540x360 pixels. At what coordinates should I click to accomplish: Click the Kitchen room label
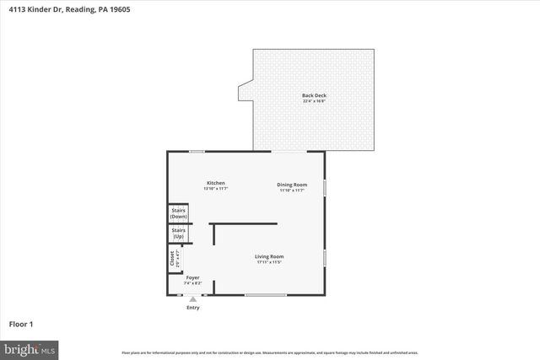tap(216, 183)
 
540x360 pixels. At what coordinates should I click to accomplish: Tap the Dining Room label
tap(293, 184)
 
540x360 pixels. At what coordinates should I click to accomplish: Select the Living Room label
tap(270, 256)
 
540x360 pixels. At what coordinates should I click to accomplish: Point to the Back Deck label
tap(314, 95)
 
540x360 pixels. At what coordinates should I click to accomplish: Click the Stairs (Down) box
tap(179, 214)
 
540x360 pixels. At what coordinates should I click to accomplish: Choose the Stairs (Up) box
tap(179, 233)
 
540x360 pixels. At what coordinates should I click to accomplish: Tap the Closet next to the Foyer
tap(173, 258)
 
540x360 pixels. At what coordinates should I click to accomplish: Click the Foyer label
tap(193, 277)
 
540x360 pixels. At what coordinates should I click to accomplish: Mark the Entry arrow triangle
tap(193, 298)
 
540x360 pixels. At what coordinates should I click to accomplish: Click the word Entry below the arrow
tap(193, 308)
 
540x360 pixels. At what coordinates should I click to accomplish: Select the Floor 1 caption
tap(21, 324)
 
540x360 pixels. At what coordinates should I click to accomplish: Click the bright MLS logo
tap(30, 347)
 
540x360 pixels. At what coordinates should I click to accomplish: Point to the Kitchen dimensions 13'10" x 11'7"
tap(216, 189)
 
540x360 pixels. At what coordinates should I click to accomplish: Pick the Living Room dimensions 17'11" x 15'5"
tap(270, 262)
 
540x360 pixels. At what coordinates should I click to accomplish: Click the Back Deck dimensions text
tap(314, 101)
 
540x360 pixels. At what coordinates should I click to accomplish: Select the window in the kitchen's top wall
tap(197, 152)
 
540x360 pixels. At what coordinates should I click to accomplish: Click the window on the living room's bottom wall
tap(266, 294)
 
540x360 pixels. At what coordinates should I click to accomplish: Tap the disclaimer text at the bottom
tap(270, 352)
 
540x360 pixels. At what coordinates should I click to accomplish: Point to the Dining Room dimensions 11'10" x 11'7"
tap(293, 190)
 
